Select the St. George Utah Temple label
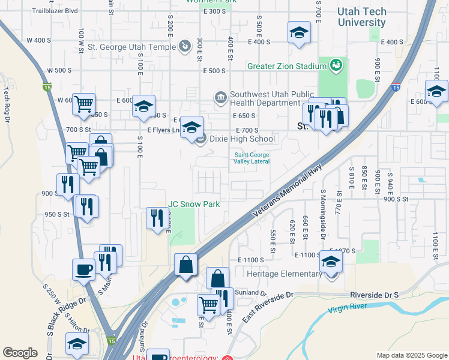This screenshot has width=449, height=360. [x=133, y=46]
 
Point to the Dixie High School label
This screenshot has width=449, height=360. [x=242, y=139]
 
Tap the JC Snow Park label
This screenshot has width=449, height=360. [x=194, y=204]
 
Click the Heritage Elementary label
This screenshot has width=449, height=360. [x=285, y=274]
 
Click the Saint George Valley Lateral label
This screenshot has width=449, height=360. [x=252, y=158]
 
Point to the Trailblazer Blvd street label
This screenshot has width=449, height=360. [x=55, y=11]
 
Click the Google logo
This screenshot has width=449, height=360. [x=20, y=353]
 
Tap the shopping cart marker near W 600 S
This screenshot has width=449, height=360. [x=83, y=104]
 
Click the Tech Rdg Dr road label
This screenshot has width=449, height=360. [x=7, y=102]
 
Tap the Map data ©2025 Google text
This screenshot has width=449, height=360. [x=411, y=355]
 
